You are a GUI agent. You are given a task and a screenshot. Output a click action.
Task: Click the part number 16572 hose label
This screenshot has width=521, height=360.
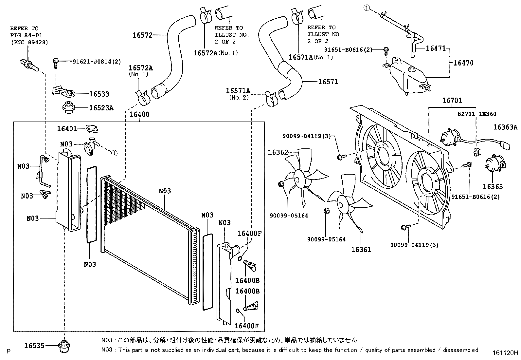point(142,35)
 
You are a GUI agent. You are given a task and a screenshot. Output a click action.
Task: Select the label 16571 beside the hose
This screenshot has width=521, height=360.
point(328,82)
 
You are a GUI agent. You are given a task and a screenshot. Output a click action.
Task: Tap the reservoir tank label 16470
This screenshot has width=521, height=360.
point(463,63)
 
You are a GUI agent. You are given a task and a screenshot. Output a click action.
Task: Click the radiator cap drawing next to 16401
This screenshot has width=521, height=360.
point(91,128)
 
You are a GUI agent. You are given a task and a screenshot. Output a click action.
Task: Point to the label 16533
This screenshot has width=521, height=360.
point(99,94)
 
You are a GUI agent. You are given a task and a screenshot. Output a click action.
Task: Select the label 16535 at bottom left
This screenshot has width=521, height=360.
point(34,345)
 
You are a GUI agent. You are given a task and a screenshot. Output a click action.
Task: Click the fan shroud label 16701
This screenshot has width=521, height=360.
point(452,100)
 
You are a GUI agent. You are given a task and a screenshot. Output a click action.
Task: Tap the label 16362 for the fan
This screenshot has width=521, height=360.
point(278,152)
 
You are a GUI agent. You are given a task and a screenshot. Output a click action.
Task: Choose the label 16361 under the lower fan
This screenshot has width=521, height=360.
point(361,249)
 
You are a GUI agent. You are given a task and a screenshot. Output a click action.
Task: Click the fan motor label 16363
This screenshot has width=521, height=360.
point(493,186)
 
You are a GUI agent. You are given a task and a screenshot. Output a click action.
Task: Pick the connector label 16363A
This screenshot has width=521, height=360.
point(505,127)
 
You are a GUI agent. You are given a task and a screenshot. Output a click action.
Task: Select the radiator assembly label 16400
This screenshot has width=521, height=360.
point(139,114)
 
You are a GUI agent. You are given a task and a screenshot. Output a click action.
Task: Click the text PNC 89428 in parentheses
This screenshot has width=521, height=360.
point(29,42)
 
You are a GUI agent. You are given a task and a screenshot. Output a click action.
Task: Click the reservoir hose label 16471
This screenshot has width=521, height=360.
point(436,48)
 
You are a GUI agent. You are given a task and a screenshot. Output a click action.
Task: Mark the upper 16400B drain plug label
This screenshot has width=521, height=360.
point(247,280)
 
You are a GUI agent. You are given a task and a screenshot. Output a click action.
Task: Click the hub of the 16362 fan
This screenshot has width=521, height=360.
point(299,179)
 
